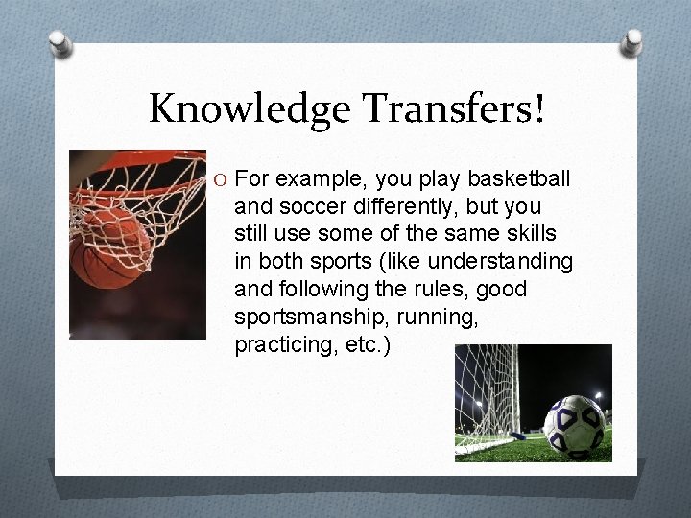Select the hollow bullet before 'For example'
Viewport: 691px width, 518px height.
[x=222, y=179]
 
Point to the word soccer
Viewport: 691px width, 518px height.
[x=300, y=206]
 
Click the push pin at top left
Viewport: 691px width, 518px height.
[x=60, y=44]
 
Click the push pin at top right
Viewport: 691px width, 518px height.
[x=631, y=41]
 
